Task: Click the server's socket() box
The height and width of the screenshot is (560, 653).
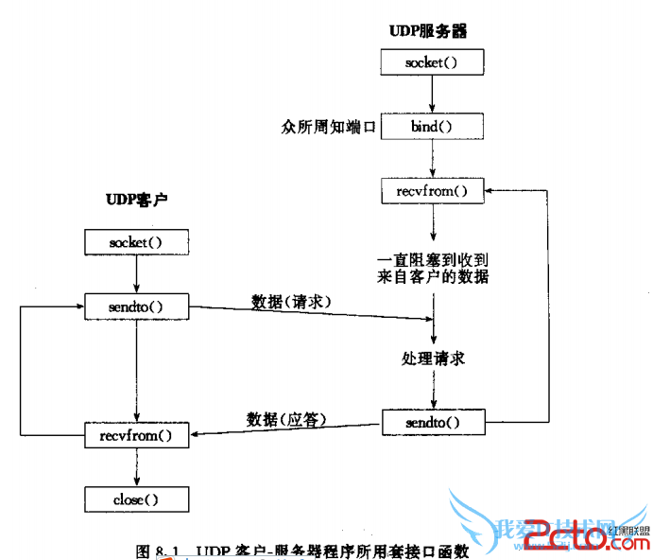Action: click(432, 63)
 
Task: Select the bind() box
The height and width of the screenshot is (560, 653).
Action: click(432, 126)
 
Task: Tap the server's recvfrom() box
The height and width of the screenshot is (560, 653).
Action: click(432, 191)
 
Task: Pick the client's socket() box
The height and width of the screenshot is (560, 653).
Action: click(136, 242)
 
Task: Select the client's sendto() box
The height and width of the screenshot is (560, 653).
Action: click(136, 306)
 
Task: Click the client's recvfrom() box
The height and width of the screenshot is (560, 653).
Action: click(136, 435)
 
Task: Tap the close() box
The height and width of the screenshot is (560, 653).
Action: click(136, 499)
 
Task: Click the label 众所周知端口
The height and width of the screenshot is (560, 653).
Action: click(329, 126)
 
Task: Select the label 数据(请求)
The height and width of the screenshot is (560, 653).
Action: click(291, 301)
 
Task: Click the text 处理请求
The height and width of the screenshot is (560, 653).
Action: click(433, 359)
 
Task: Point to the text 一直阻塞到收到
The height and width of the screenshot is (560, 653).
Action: click(432, 258)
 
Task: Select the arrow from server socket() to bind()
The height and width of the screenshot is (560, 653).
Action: click(432, 95)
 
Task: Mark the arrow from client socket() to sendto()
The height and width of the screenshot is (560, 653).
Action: click(137, 274)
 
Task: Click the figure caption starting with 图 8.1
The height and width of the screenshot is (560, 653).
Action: click(302, 551)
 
